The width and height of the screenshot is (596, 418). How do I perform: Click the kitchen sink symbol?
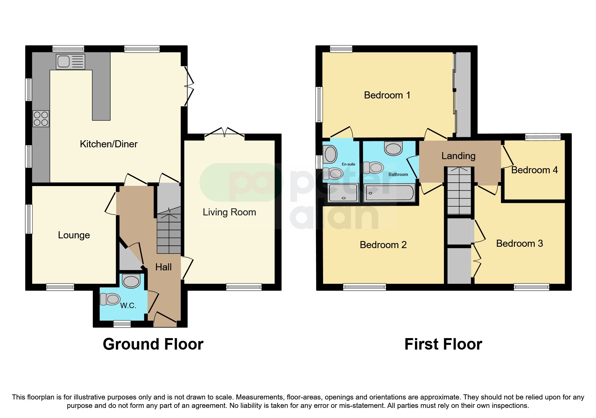click(70, 62)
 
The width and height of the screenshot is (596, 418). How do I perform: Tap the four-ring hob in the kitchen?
click(41, 119)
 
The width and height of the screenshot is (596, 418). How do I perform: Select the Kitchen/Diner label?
click(108, 144)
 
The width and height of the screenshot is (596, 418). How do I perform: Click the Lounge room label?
click(74, 235)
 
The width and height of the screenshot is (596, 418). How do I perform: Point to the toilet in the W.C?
click(110, 299)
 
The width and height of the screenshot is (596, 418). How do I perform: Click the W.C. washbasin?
click(131, 281)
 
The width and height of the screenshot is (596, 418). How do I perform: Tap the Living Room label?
click(229, 212)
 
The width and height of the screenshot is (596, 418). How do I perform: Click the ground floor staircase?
click(169, 233)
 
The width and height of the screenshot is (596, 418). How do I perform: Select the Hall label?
click(163, 267)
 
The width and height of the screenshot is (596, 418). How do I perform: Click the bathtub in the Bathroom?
click(390, 193)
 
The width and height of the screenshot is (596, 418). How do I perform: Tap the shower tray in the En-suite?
click(343, 193)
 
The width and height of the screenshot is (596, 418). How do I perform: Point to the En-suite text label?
click(348, 164)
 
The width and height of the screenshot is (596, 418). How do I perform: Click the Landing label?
click(458, 156)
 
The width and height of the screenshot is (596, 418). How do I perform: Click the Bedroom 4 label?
click(534, 170)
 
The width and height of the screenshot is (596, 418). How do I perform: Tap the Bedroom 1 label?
click(387, 95)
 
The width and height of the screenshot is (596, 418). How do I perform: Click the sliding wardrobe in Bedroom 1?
click(463, 94)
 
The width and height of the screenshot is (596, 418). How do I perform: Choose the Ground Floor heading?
click(153, 344)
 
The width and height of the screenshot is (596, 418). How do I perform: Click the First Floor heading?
click(443, 344)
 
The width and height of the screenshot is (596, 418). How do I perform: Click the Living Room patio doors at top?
click(224, 134)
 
